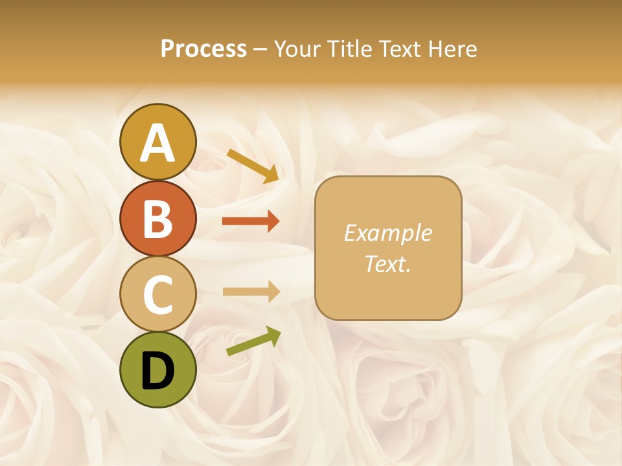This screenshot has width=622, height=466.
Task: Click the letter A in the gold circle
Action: [157, 143]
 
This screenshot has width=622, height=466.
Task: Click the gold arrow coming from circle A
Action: [253, 166]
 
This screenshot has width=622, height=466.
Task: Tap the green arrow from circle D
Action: [253, 341]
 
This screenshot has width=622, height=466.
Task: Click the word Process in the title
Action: [203, 49]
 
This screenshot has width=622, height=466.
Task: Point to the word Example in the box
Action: [387, 233]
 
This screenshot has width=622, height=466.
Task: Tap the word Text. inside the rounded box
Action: [387, 263]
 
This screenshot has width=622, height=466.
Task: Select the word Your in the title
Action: [297, 49]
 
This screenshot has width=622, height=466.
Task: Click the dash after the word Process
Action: [259, 49]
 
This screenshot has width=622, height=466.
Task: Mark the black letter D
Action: [157, 372]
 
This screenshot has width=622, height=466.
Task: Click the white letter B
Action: [157, 219]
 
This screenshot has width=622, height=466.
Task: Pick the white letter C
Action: [157, 294]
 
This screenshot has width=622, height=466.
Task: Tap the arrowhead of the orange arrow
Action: [273, 221]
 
